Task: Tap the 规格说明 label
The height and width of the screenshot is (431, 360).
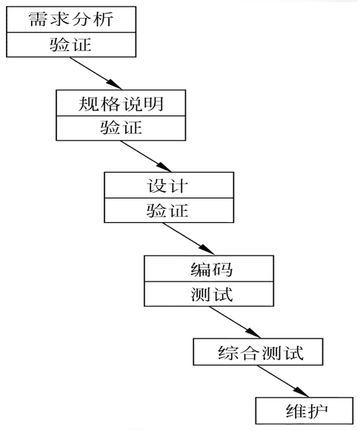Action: tap(120, 103)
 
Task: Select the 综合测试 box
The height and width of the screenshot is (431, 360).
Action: tap(259, 352)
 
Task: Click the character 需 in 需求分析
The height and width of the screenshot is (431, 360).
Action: tap(36, 19)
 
